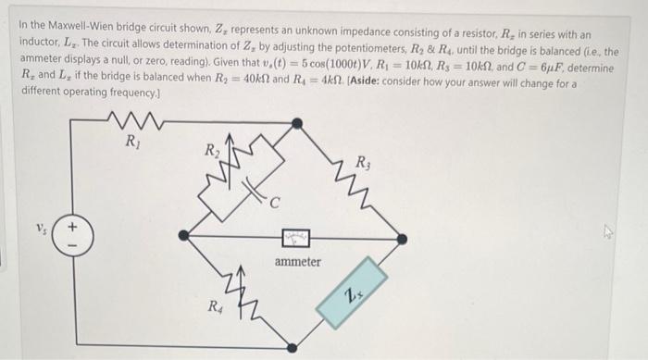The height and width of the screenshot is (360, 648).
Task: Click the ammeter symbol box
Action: pos(297,239)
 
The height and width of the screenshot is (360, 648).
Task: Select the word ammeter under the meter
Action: pos(297,262)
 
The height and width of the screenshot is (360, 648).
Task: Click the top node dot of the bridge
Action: pos(296,122)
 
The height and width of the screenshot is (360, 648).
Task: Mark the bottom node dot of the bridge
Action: pos(296,351)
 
